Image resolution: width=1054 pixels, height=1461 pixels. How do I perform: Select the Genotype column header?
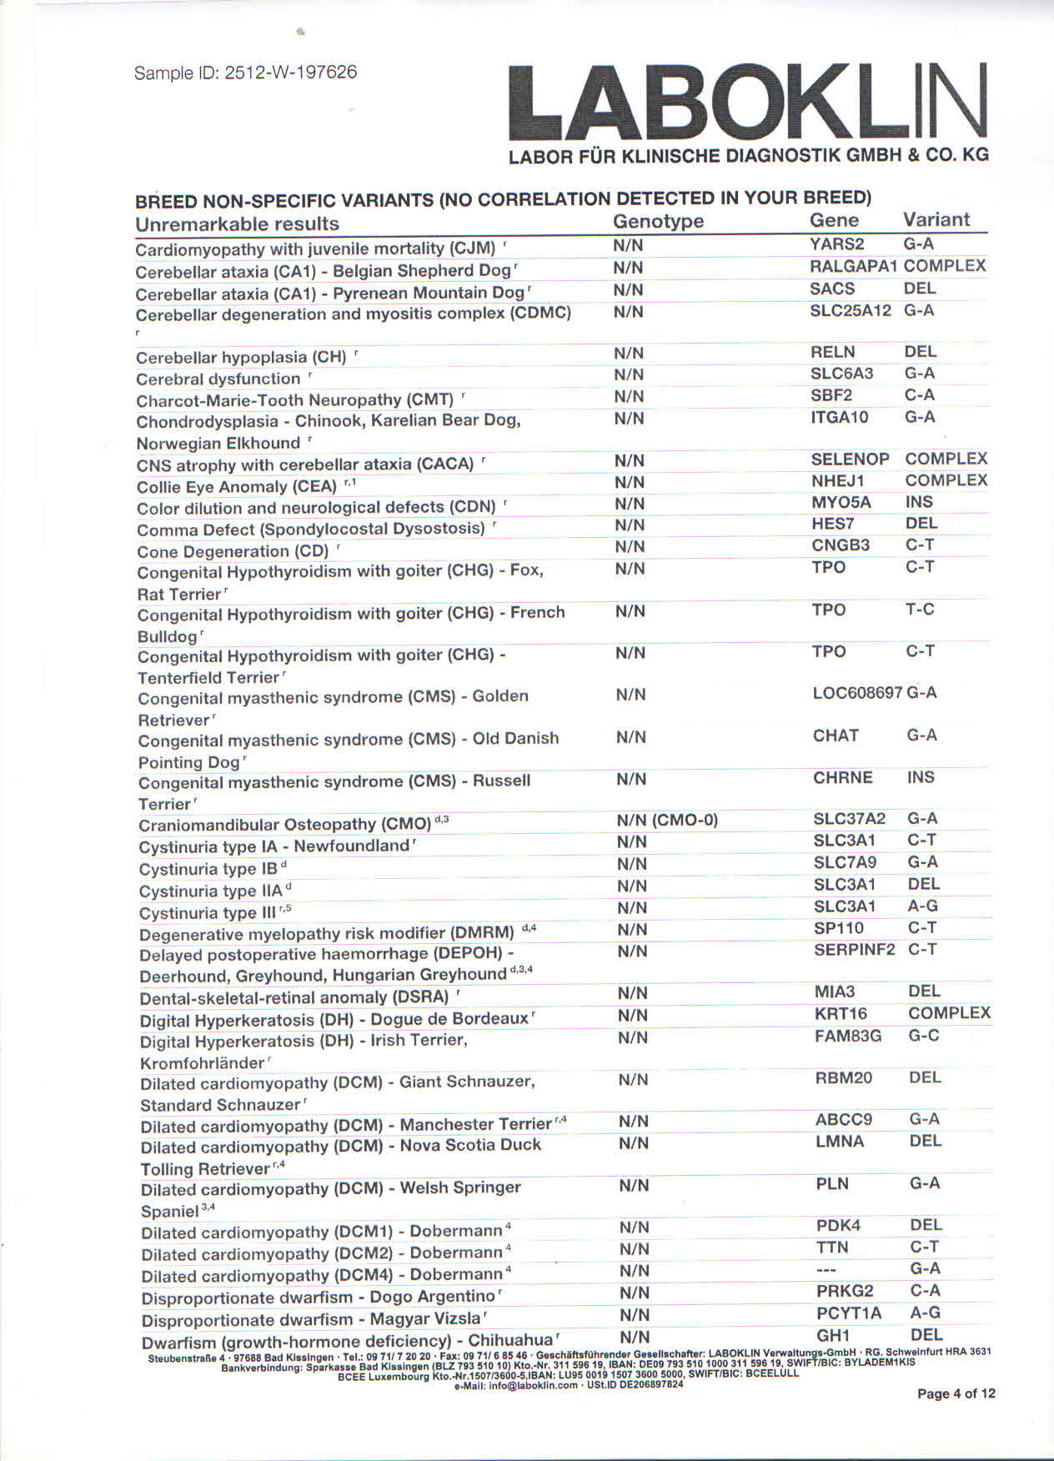(658, 221)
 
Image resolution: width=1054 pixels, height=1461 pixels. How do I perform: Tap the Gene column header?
(834, 220)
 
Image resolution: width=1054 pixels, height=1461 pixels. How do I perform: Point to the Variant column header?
(936, 219)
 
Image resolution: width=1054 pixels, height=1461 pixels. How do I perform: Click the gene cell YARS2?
(836, 244)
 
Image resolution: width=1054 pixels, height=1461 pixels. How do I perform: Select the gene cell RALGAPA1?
(853, 266)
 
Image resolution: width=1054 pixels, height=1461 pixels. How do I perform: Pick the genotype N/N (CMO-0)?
(667, 820)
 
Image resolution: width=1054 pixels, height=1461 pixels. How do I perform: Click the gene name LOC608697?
(858, 693)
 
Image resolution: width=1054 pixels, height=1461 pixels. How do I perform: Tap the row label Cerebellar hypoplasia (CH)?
(241, 358)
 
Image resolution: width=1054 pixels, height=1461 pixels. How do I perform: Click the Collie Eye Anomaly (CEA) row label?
(237, 487)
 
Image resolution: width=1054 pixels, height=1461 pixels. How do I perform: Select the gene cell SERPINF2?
(854, 950)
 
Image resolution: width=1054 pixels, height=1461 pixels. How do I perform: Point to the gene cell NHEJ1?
(838, 481)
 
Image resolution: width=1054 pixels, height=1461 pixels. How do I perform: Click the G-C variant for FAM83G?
(924, 1036)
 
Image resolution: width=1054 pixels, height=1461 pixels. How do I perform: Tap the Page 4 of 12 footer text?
(956, 1393)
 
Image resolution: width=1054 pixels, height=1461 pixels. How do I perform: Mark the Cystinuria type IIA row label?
(211, 891)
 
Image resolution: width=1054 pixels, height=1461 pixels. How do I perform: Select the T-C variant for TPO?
(920, 610)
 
